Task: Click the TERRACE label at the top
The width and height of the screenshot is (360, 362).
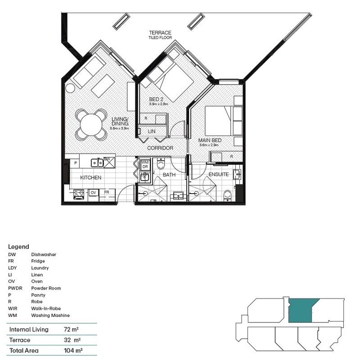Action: point(160,33)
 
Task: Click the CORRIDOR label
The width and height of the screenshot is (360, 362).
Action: point(160,148)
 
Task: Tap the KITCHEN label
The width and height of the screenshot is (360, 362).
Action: point(90,178)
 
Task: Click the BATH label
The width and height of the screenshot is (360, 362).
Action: point(169,174)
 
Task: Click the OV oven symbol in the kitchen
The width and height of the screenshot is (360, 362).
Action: point(93,193)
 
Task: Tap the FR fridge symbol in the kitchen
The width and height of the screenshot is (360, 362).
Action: point(107,193)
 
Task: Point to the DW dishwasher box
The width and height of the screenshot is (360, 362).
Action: point(107,159)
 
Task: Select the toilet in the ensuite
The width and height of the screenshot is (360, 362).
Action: point(228,195)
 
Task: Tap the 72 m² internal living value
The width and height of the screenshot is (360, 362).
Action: point(71,330)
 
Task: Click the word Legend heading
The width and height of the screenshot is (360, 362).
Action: point(18,247)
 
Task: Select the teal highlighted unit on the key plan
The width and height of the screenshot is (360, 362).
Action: point(301,311)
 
